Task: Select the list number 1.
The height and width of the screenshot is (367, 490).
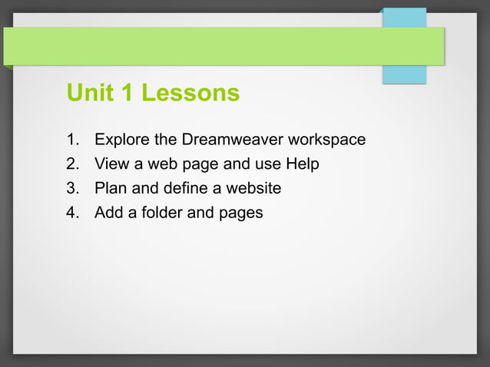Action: [x=72, y=140]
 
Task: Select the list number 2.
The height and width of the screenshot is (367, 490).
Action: [x=72, y=164]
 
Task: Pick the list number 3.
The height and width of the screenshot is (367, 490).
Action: [x=72, y=188]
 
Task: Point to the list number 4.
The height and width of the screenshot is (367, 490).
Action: [x=72, y=212]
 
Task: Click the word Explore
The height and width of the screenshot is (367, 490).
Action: [x=121, y=140]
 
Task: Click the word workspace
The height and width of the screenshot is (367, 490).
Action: [x=326, y=141]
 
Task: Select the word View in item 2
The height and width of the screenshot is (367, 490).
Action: [x=110, y=164]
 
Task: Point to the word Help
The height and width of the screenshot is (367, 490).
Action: [x=302, y=164]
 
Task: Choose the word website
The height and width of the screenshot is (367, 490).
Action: [x=253, y=188]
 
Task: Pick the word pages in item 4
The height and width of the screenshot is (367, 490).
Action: [x=240, y=213]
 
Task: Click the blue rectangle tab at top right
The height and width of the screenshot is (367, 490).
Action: [x=404, y=74]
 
